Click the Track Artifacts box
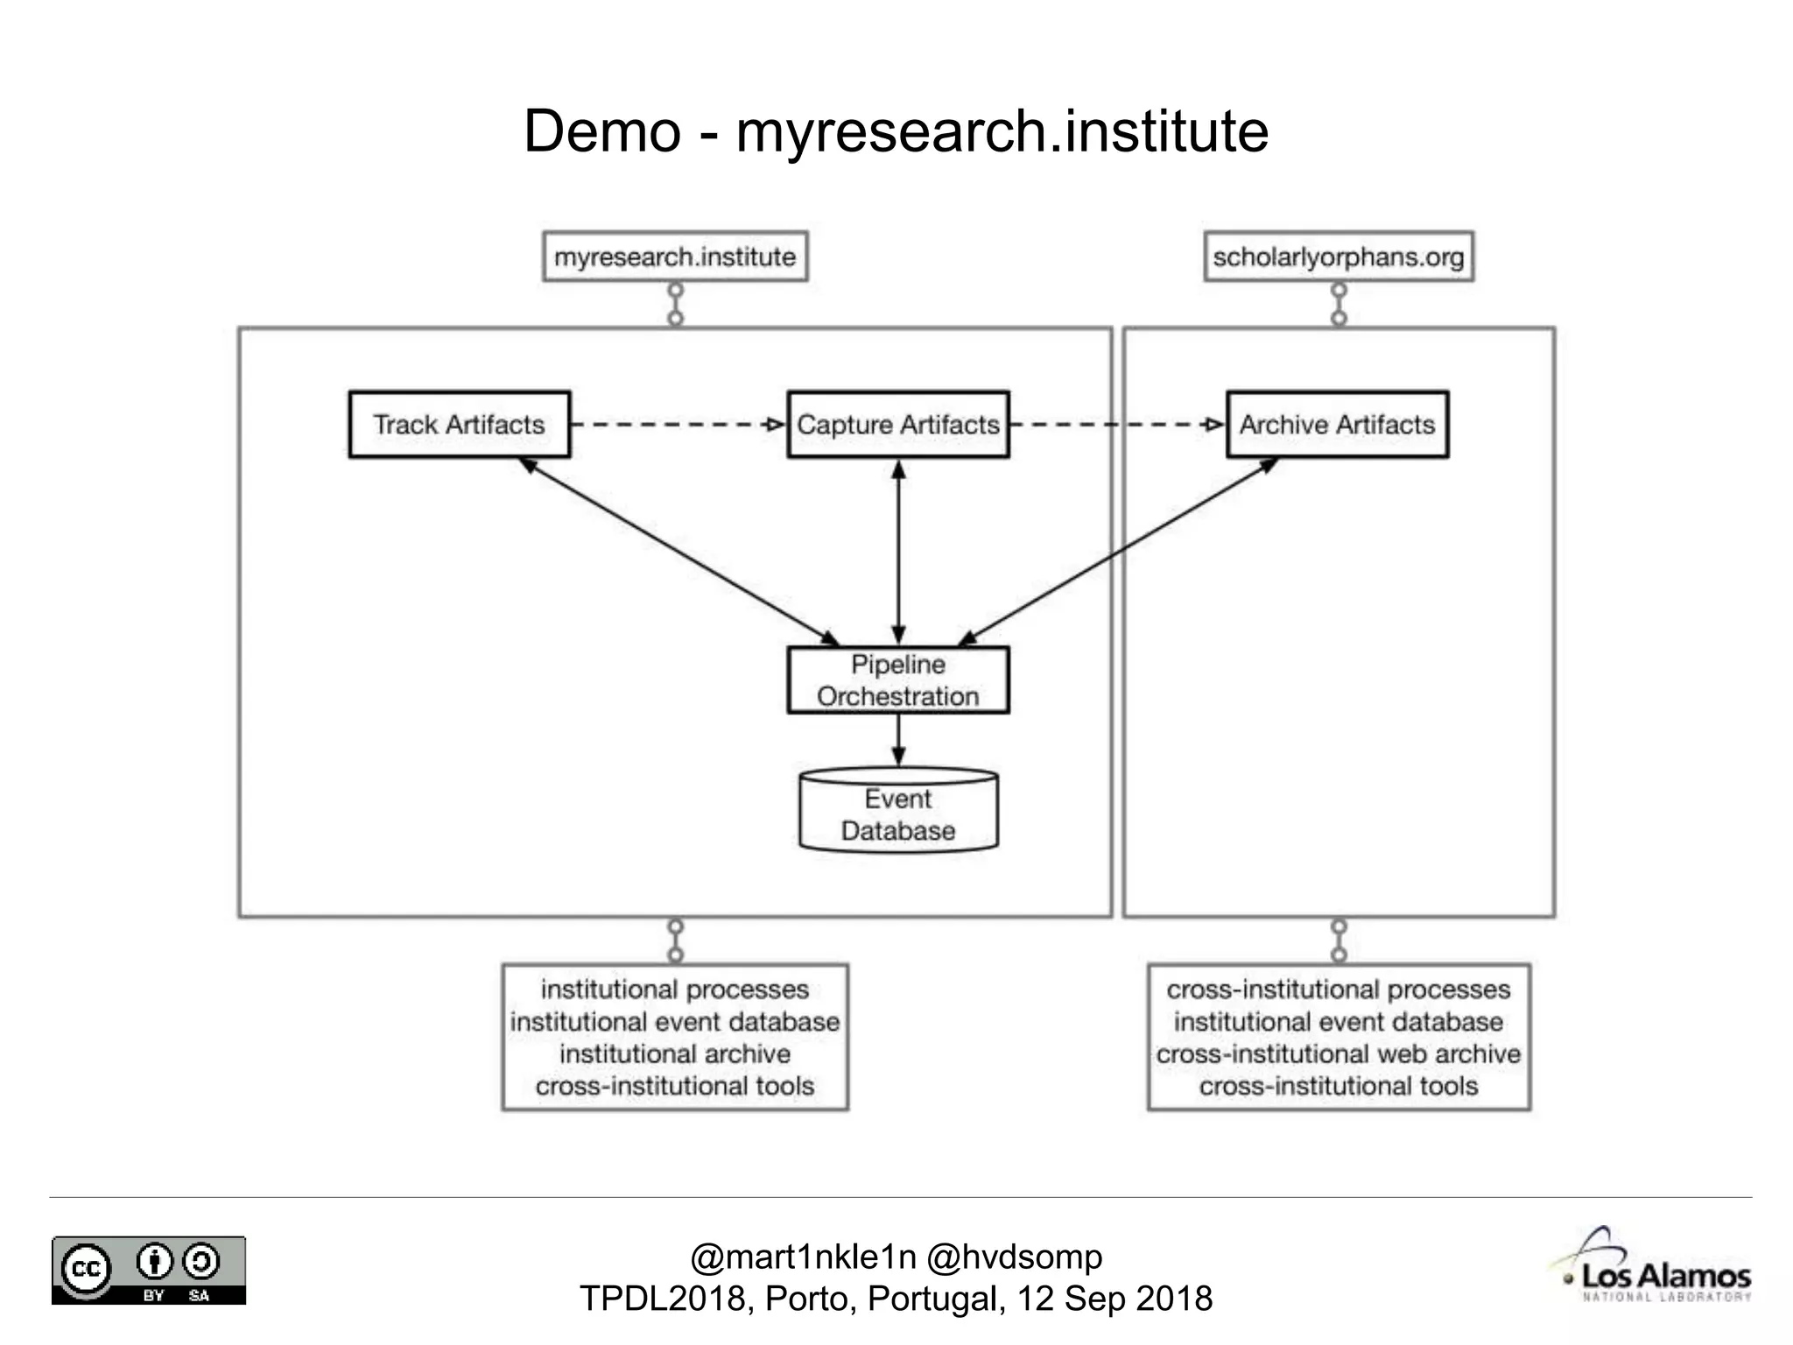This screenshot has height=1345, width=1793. point(459,425)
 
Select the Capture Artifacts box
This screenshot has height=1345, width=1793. point(897,425)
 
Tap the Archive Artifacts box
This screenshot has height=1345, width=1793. point(1337,425)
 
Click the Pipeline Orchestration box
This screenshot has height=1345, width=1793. point(897,680)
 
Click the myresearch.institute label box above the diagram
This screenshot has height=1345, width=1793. point(675,257)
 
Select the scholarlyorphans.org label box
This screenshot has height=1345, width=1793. point(1338,257)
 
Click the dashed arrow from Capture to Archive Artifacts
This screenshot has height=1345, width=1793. point(1116,425)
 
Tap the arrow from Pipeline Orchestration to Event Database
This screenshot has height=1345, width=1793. point(898,741)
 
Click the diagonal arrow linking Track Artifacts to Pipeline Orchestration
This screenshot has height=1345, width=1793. point(679,551)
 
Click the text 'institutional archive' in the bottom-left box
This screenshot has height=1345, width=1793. point(675,1054)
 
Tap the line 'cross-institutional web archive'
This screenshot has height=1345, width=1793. point(1338,1054)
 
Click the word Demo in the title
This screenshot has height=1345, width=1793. point(602,131)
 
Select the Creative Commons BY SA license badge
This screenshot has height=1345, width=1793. point(149,1271)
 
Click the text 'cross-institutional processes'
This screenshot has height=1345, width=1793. point(1338,989)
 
